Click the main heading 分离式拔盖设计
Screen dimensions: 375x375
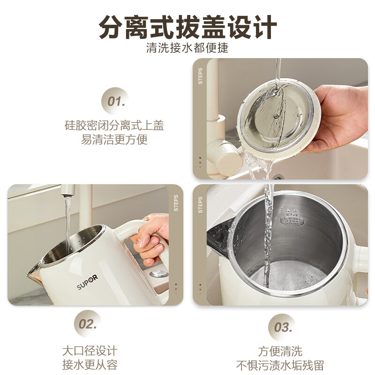(x=187, y=28)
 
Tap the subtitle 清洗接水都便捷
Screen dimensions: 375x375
(x=187, y=48)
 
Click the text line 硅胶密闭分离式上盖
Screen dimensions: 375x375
(x=114, y=126)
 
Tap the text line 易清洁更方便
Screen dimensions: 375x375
(x=114, y=140)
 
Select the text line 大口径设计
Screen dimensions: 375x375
(x=90, y=351)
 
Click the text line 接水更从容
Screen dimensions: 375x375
(x=90, y=365)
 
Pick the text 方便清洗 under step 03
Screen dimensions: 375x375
(x=280, y=351)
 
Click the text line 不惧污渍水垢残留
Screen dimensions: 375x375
(x=280, y=365)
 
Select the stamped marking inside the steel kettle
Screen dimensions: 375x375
(x=291, y=220)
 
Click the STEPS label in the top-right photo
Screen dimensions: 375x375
(x=201, y=76)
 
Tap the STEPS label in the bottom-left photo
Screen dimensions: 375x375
(x=176, y=202)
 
